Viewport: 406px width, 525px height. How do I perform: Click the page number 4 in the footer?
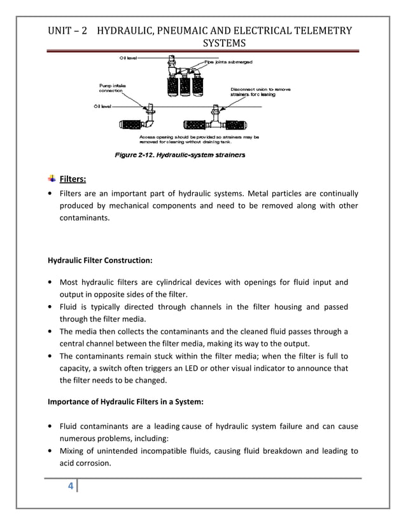(x=71, y=487)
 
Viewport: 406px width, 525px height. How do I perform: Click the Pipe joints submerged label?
(x=228, y=62)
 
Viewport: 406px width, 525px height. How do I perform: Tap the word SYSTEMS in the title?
(x=223, y=43)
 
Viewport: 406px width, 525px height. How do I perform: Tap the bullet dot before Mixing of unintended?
(x=50, y=451)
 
